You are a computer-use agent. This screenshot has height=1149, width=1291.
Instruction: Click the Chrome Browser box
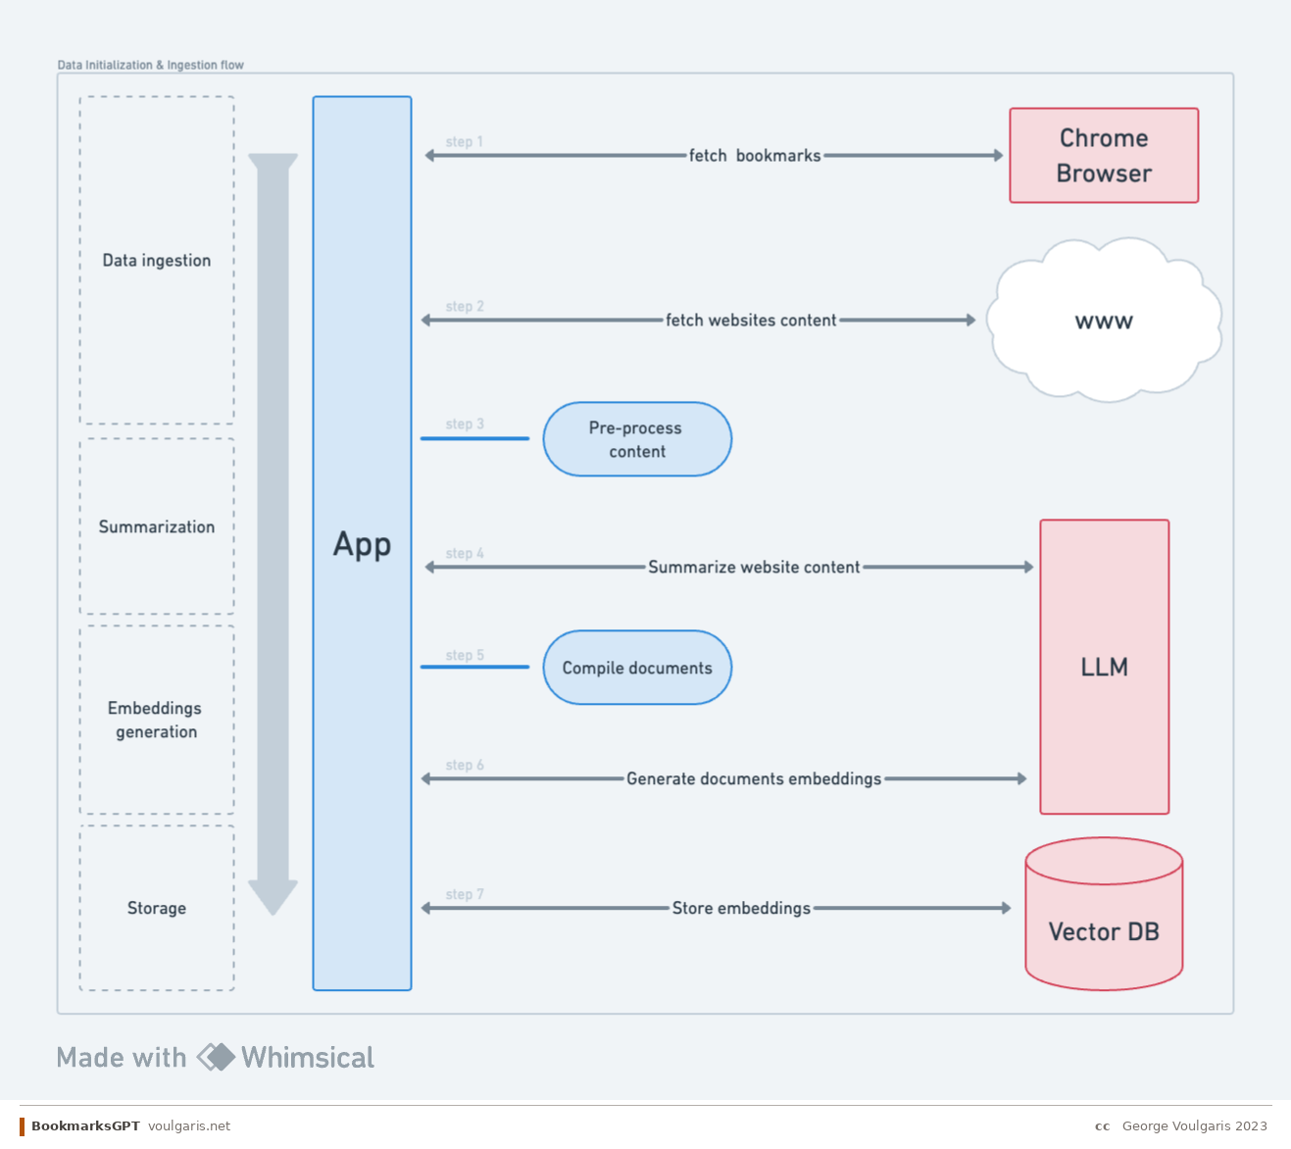click(x=1104, y=156)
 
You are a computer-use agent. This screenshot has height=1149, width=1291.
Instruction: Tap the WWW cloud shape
click(x=1104, y=321)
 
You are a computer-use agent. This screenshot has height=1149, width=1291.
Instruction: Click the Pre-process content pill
click(x=637, y=439)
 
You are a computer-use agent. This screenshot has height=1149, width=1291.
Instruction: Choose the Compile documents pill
click(x=637, y=668)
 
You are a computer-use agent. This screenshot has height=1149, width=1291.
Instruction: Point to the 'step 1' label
click(x=464, y=142)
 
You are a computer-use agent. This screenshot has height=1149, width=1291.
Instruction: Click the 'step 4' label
click(x=465, y=554)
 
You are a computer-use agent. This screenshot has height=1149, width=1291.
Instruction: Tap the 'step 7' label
click(x=465, y=895)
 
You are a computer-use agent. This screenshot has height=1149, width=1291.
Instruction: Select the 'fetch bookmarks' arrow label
click(x=755, y=156)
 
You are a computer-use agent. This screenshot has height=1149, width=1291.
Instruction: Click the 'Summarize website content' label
click(x=754, y=568)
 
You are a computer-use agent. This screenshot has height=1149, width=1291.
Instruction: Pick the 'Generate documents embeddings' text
click(x=754, y=779)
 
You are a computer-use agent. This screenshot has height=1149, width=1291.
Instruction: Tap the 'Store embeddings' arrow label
click(x=741, y=909)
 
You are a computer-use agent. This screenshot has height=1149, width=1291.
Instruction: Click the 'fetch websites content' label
click(x=751, y=321)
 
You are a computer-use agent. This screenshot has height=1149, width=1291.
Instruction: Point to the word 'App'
click(x=362, y=544)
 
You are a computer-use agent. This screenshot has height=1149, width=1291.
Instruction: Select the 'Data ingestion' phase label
click(x=157, y=261)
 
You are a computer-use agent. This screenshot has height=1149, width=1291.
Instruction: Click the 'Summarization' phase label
click(x=157, y=527)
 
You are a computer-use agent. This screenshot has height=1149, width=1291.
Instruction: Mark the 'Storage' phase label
click(x=157, y=909)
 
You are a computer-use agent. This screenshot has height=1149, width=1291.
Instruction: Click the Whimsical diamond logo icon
click(x=216, y=1057)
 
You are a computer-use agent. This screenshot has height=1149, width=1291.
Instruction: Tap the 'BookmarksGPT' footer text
click(x=85, y=1126)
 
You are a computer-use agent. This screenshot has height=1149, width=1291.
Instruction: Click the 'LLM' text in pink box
click(x=1104, y=668)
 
